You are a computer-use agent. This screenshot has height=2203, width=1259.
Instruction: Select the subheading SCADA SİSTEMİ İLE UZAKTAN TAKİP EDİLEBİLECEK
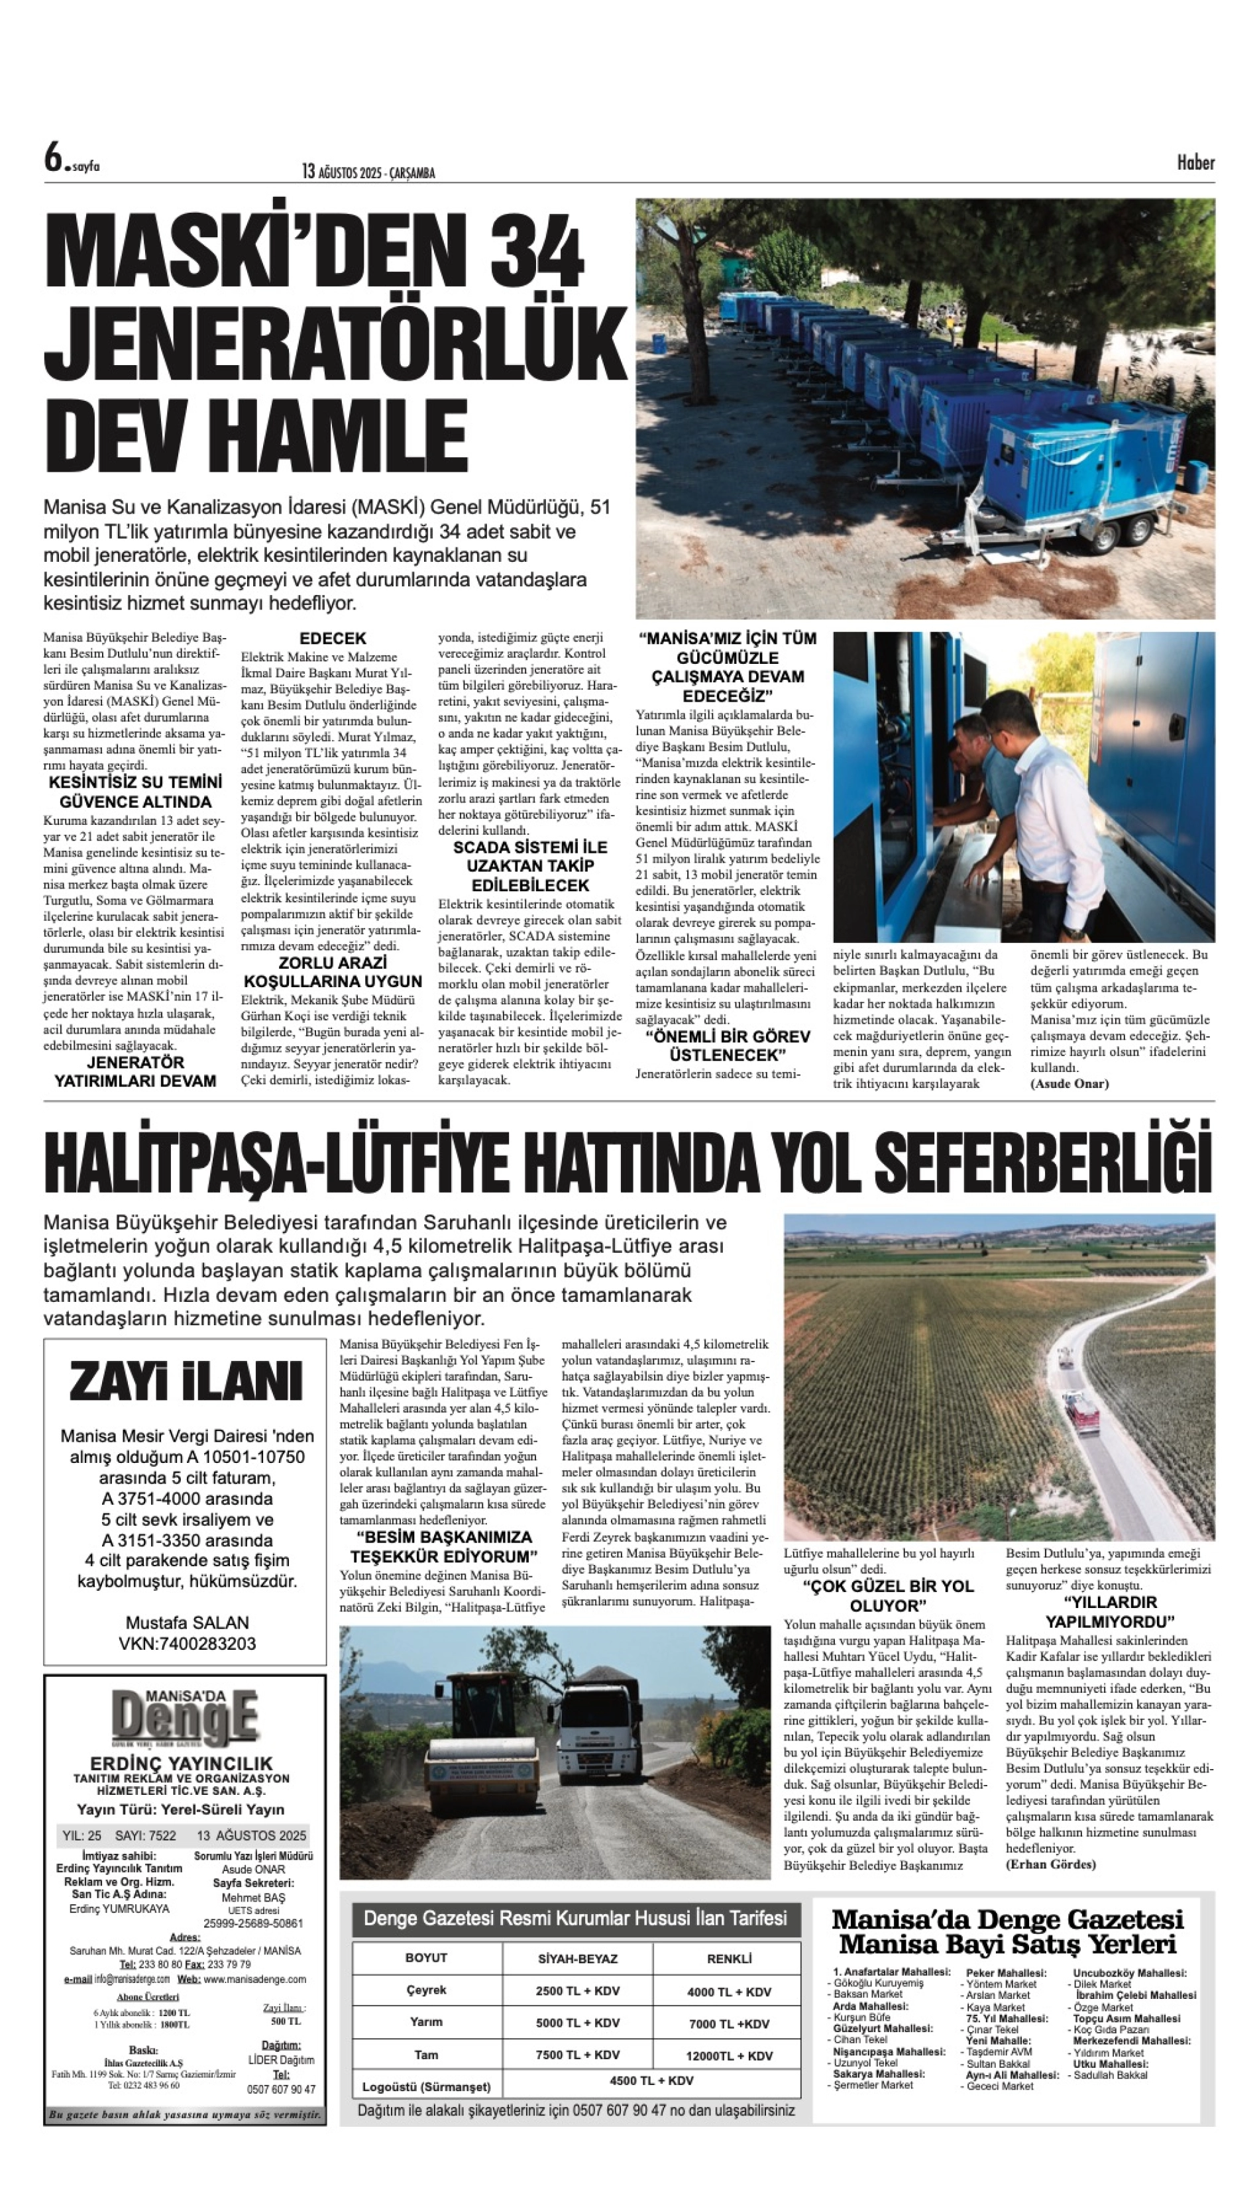pyautogui.click(x=530, y=865)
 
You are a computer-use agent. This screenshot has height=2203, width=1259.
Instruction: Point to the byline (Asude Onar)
pyautogui.click(x=1069, y=1083)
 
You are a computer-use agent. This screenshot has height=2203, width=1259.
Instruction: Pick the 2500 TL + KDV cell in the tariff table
pyautogui.click(x=578, y=1990)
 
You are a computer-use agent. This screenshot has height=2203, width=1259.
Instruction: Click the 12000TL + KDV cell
pyautogui.click(x=729, y=2055)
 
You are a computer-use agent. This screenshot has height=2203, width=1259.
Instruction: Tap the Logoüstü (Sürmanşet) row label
pyautogui.click(x=426, y=2086)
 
